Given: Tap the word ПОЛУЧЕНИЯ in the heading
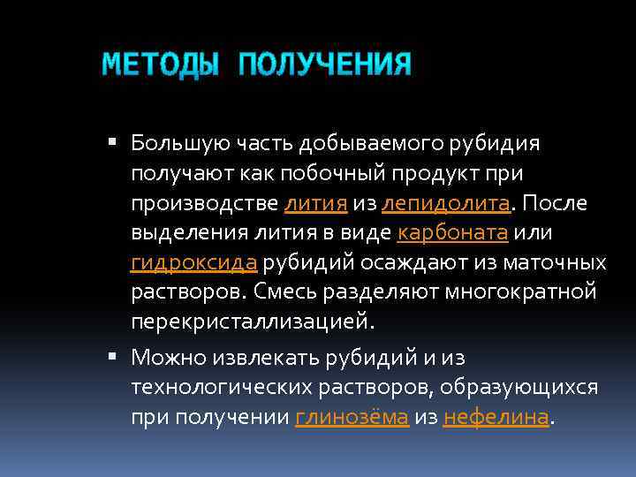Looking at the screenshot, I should click(x=324, y=65).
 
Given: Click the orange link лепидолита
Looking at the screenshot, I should click(x=446, y=204).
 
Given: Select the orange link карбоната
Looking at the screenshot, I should click(x=451, y=234).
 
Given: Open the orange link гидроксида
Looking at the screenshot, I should click(x=194, y=263).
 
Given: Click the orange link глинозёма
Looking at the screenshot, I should click(x=352, y=418).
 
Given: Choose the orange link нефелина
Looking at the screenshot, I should click(x=496, y=418).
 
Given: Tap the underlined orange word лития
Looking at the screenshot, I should click(x=315, y=204).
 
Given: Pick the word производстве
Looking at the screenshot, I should click(x=203, y=204).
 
